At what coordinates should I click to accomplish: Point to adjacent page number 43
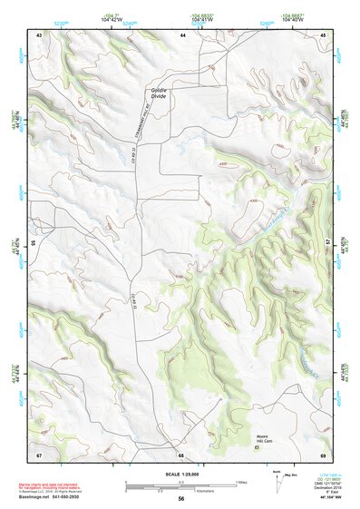(x=39, y=34)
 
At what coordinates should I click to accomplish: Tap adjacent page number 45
(x=323, y=34)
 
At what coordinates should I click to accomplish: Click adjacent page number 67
(x=39, y=454)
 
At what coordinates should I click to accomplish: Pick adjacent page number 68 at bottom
(x=181, y=454)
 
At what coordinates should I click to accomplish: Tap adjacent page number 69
(x=323, y=454)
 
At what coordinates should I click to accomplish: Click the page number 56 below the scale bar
(x=181, y=499)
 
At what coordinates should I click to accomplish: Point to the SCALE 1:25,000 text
(x=181, y=475)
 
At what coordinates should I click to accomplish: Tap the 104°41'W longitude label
(x=203, y=20)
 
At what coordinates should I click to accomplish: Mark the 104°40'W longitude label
(x=293, y=20)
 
